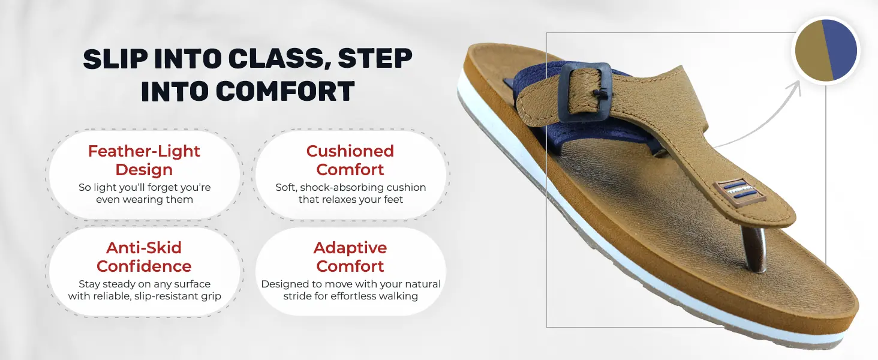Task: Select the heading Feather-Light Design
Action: tap(144, 160)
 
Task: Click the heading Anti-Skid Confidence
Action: tap(144, 257)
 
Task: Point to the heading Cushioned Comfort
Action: tap(350, 160)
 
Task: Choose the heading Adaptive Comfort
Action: tap(350, 257)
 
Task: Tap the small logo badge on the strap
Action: tap(739, 192)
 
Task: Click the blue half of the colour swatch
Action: tap(841, 49)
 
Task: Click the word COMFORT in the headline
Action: tap(285, 91)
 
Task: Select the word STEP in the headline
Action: tap(375, 59)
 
